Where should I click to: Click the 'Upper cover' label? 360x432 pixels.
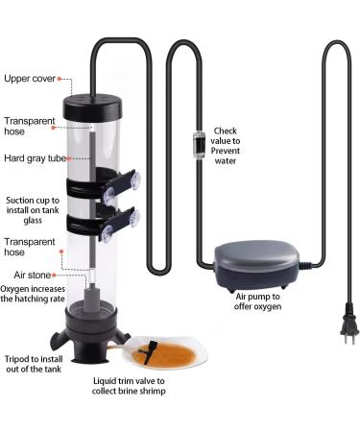point(30,79)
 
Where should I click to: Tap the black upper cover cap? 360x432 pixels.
point(93,107)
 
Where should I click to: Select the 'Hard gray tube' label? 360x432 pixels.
point(36,158)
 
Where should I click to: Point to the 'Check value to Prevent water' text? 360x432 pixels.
point(226,146)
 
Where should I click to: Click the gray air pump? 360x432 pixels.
point(257,265)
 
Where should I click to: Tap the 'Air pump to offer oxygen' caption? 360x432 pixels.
point(257,301)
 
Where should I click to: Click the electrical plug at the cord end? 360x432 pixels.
point(348,324)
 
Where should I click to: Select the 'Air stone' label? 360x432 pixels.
point(32,275)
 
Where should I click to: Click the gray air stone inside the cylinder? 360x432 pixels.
point(92,299)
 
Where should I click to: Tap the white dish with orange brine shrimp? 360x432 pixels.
point(166,352)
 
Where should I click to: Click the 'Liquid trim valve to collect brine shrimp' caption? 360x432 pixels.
point(129,386)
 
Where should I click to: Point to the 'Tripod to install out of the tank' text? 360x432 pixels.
point(34,364)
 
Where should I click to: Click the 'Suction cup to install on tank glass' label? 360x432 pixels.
point(33,210)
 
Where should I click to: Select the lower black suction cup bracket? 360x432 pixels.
point(103,224)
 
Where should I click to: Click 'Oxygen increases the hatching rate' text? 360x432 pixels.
point(33,294)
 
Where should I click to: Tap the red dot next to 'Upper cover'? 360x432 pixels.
point(60,79)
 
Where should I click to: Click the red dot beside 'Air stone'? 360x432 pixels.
point(54,275)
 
